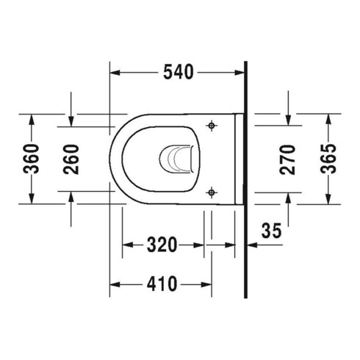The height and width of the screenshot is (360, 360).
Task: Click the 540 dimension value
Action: click(x=179, y=72)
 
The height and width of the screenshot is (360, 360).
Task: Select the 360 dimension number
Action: click(x=31, y=159)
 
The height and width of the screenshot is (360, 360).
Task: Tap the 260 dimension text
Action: click(x=71, y=159)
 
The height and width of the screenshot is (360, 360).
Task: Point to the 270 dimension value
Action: click(x=287, y=159)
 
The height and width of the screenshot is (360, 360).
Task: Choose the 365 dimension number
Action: click(x=328, y=159)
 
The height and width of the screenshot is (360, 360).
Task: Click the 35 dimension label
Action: click(x=272, y=231)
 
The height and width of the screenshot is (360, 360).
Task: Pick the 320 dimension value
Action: click(x=162, y=245)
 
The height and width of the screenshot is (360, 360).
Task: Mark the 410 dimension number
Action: click(x=162, y=284)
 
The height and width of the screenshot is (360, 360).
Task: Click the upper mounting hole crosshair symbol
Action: click(x=212, y=126)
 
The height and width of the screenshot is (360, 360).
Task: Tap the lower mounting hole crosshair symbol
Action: click(x=212, y=192)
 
